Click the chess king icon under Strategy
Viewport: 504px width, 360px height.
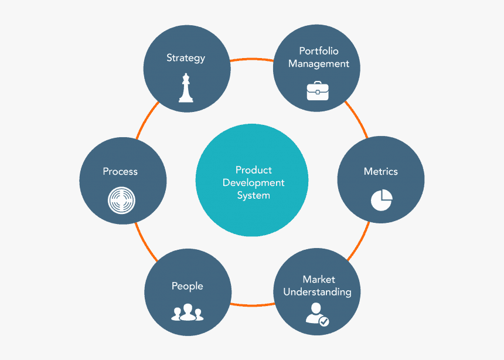coord(186,88)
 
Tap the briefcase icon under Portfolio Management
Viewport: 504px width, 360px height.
coord(318,91)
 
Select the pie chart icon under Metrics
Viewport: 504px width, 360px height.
coord(382,199)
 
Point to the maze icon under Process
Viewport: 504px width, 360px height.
coord(121,200)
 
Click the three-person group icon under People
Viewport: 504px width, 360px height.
coord(187,313)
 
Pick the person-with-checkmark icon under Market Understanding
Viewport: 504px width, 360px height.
coord(316,314)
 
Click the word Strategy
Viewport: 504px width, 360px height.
coord(186,58)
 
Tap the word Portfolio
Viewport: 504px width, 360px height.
coord(319,51)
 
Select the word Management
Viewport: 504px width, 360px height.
coord(319,64)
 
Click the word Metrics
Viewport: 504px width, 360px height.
coord(381,172)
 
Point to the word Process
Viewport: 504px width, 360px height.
coord(120,171)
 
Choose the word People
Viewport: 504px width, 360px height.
coord(187,286)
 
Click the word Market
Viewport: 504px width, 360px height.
coord(319,279)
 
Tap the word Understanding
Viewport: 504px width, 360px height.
coord(318,292)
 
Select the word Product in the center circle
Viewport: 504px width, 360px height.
coord(254,170)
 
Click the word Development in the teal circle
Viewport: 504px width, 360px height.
coord(254,182)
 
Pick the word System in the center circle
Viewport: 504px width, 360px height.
coord(254,195)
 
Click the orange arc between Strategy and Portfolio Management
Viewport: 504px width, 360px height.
coord(252,59)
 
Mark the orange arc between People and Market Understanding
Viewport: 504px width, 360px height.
coord(252,305)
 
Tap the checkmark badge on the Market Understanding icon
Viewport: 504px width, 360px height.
coord(324,321)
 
